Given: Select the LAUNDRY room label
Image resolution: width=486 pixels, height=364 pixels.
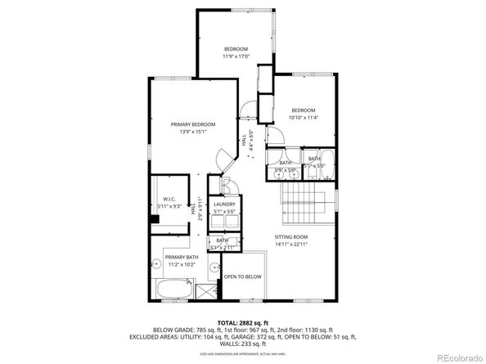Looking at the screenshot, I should [224, 204].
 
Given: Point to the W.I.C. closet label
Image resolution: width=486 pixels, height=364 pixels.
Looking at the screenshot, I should [169, 199].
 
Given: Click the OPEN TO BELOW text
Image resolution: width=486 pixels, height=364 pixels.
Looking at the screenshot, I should [242, 276].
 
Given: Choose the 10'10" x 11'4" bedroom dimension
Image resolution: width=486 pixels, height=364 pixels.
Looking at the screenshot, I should [303, 118].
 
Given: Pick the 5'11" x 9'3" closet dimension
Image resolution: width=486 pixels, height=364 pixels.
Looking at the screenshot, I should [169, 206].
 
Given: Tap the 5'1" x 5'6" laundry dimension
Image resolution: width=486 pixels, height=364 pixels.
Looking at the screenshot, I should [224, 212].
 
